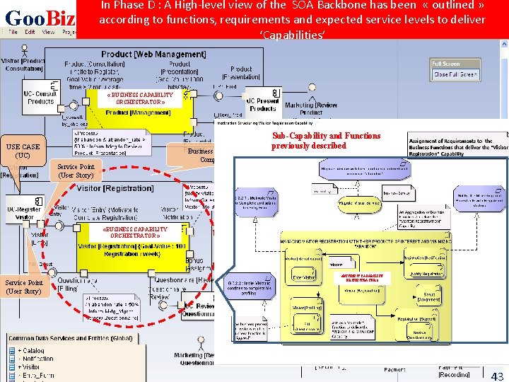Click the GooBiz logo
click(40, 16)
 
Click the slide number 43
click(497, 376)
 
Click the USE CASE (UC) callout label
click(23, 151)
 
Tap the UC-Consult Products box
click(40, 97)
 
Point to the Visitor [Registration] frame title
click(115, 188)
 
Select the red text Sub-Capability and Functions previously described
click(325, 141)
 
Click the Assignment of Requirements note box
click(457, 147)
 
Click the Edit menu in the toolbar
click(29, 32)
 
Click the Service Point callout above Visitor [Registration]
click(76, 170)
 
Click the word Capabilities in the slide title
click(293, 35)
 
